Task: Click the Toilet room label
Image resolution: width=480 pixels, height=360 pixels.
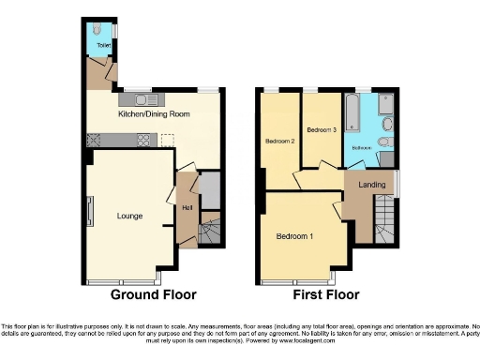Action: tap(101, 44)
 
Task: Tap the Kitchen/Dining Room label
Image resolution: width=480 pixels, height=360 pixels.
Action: tap(154, 113)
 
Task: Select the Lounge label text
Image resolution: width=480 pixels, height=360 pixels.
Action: tap(129, 216)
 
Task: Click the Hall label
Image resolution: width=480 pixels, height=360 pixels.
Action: tap(187, 207)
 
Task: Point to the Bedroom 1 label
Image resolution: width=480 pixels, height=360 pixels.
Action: tap(294, 236)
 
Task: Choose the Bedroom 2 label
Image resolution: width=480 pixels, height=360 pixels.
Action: tap(279, 142)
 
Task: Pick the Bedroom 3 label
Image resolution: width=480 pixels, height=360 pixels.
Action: tap(322, 129)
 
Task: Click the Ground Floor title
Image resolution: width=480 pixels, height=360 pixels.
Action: tap(154, 294)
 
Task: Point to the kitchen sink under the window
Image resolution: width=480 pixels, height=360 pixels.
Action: tap(143, 97)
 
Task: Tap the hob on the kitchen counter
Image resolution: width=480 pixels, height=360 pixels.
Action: tap(145, 141)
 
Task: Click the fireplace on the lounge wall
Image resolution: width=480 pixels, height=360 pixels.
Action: tap(90, 212)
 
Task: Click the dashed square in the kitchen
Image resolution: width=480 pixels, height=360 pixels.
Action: tap(167, 141)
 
